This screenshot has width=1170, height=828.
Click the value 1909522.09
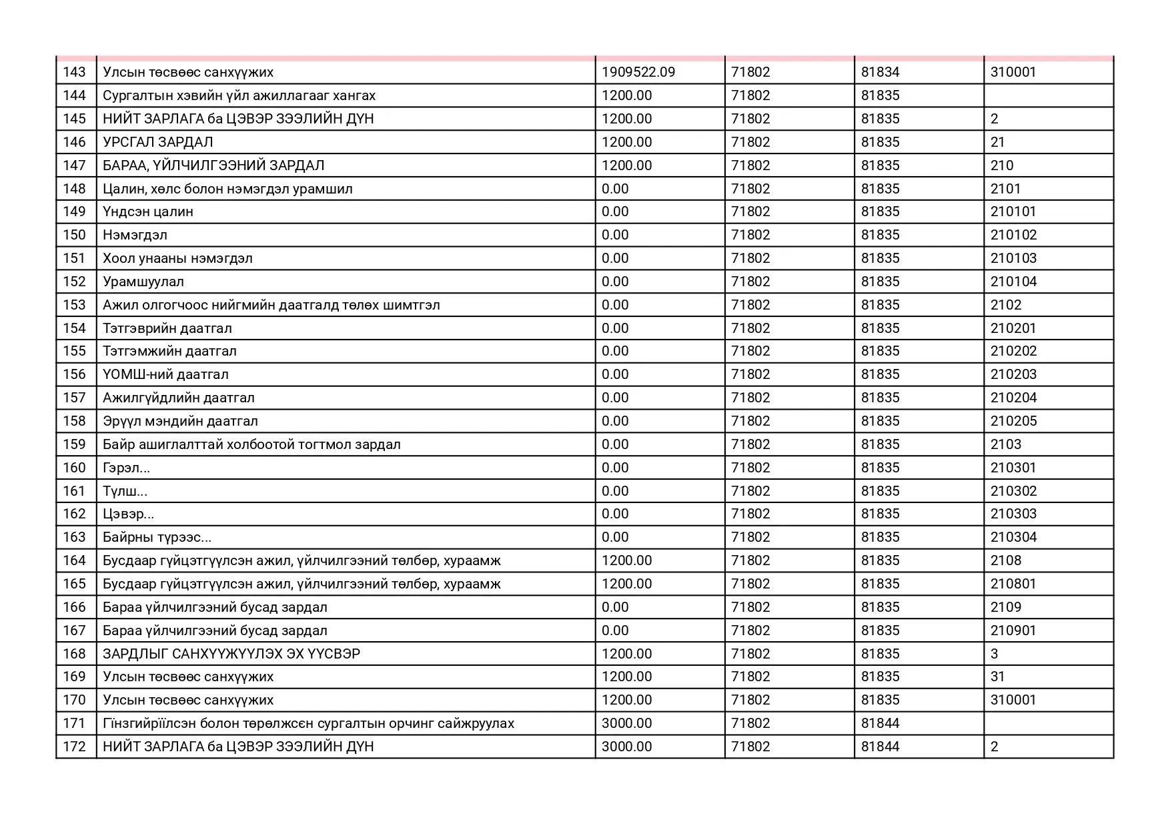coord(638,72)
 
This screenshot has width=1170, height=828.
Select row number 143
coord(75,72)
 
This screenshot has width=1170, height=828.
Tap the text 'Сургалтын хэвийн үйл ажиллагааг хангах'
coord(239,95)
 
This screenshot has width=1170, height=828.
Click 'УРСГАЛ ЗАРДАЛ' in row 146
coord(158,142)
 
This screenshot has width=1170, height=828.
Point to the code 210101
coord(1013,212)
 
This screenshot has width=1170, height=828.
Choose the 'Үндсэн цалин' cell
coord(148,212)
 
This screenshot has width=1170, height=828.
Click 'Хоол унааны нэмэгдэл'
coord(177,258)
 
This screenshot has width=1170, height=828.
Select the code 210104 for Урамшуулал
coord(1013,282)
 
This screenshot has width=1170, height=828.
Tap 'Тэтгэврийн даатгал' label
coord(167,328)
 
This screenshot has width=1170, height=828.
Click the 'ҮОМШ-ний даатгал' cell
coord(165,374)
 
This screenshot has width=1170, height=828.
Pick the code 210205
coord(1013,421)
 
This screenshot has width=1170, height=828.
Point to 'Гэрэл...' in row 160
coord(126,468)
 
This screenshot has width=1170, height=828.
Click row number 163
coord(75,537)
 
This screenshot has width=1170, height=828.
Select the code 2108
coord(1005,560)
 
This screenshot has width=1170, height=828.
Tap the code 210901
coord(1013,631)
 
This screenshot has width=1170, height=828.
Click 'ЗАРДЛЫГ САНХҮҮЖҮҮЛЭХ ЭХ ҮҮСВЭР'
coord(231,654)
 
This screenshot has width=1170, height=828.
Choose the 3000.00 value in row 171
coord(626,723)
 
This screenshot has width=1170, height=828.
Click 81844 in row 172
coord(880,747)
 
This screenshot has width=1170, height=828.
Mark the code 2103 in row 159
coord(1005,444)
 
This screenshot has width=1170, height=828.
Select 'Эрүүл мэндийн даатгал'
coord(180,421)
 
